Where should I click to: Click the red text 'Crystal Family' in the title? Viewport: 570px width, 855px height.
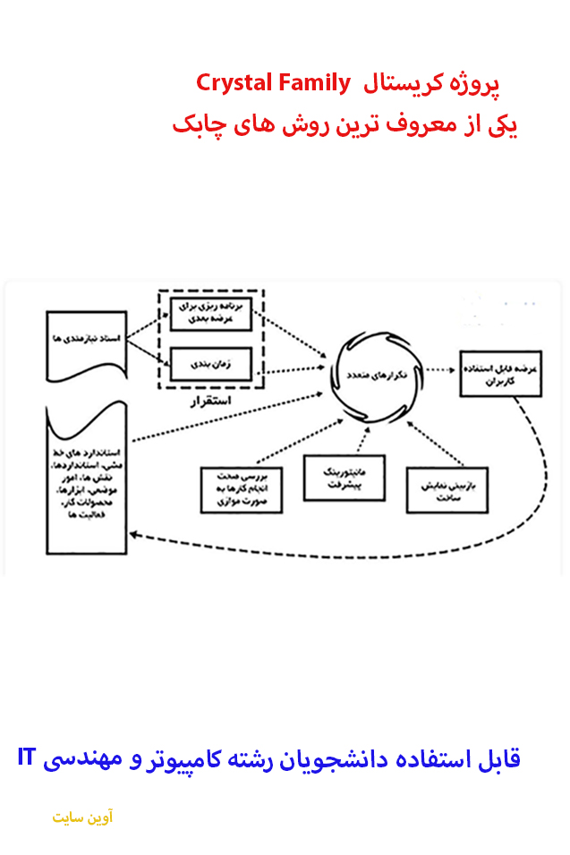274,84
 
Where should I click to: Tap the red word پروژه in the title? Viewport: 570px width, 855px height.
476,85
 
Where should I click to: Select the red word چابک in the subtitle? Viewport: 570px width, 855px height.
194,124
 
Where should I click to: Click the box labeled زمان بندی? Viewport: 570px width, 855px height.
211,363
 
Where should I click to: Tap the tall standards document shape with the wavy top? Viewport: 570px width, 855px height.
85,483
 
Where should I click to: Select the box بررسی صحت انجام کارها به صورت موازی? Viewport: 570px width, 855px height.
242,491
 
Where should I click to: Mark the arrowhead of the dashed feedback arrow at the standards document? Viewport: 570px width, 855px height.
135,535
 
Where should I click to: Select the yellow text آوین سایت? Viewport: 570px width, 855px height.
82,817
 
